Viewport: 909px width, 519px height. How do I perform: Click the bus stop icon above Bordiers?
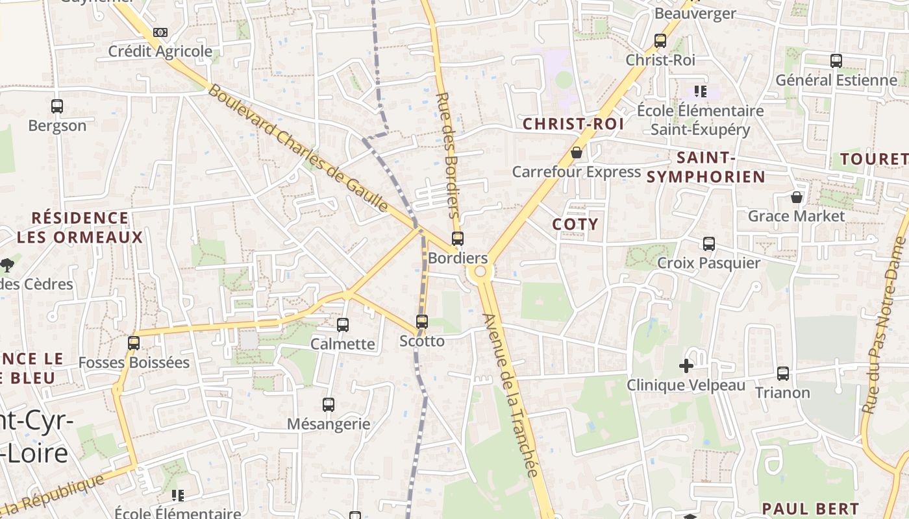tap(458, 239)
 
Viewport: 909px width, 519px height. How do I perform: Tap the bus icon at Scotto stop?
tap(422, 322)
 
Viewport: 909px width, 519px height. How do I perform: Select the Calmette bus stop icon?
tap(343, 325)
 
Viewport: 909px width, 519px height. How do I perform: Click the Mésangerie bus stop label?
tap(329, 424)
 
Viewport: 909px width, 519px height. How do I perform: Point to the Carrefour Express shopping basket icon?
tap(576, 153)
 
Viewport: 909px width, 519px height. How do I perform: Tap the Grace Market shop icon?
tap(797, 197)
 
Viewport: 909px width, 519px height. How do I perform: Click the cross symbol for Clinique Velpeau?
tap(686, 366)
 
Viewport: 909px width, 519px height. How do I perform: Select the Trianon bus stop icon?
tap(783, 374)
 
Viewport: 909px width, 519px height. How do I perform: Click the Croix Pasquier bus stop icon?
tap(709, 244)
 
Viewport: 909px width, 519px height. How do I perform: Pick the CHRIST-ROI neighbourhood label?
tap(573, 124)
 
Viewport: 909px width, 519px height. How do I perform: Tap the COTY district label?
tap(575, 224)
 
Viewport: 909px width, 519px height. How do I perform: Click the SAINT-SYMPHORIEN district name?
tap(706, 167)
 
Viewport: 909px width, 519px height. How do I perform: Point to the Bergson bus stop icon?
tap(57, 106)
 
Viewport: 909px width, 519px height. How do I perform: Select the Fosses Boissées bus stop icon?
tap(134, 343)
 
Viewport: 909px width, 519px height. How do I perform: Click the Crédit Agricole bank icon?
tap(160, 32)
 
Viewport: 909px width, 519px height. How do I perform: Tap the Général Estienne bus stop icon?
tap(836, 61)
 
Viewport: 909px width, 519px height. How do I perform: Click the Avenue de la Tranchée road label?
tap(512, 396)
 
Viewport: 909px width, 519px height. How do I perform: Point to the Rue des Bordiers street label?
tap(449, 156)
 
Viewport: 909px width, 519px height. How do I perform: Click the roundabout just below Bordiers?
tap(480, 272)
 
